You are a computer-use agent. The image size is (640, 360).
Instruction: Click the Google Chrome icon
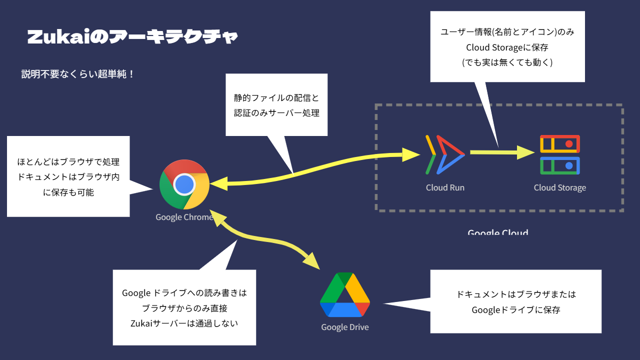(184, 185)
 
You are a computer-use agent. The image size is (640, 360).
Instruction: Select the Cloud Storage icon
(559, 154)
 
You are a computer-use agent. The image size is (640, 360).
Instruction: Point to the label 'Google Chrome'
(184, 217)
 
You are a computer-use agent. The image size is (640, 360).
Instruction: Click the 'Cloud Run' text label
(445, 188)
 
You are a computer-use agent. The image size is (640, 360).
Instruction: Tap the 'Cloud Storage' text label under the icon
(559, 188)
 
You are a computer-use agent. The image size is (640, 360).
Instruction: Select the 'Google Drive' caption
(344, 327)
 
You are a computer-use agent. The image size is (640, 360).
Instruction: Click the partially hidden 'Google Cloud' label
(497, 232)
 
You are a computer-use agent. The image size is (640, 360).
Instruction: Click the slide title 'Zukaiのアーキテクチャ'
(132, 37)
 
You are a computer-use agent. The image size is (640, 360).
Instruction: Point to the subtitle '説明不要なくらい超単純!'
(77, 74)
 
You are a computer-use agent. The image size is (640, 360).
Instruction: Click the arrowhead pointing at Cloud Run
(411, 154)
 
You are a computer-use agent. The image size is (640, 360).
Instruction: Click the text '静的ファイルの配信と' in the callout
(276, 97)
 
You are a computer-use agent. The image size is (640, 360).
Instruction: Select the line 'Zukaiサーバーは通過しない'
(184, 323)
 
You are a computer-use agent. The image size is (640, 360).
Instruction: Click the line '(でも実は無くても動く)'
(507, 62)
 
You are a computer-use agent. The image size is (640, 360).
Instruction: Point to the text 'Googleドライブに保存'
(515, 310)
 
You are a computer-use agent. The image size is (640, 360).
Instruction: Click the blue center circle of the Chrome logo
(184, 185)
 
